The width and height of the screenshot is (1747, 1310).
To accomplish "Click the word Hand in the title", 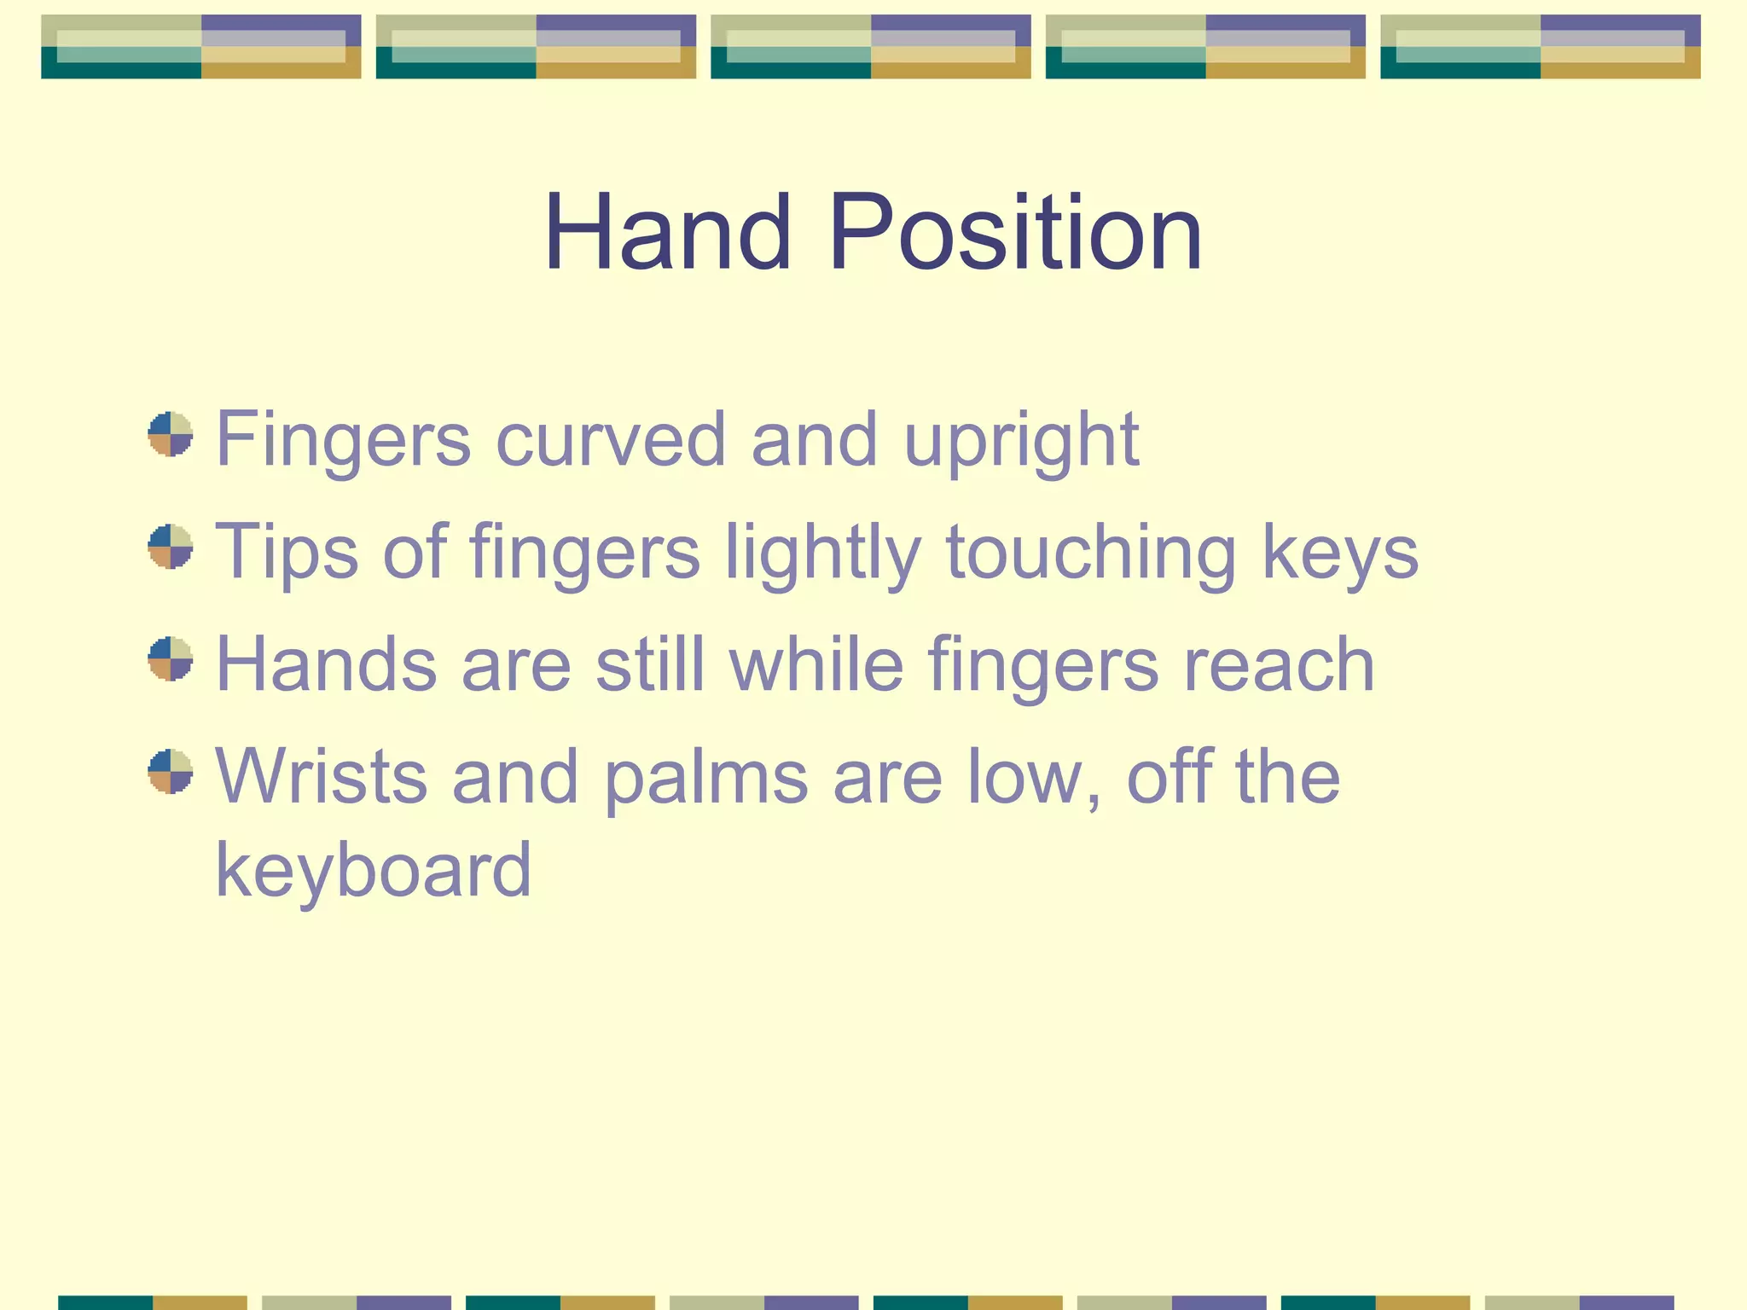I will click(x=668, y=233).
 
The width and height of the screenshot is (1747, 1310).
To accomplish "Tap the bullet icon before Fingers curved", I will click(x=171, y=434).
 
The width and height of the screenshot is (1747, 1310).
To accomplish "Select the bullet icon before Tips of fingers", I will click(x=171, y=547).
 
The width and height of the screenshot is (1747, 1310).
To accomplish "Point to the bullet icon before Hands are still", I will click(x=171, y=659).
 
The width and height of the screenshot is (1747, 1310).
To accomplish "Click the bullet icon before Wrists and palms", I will click(x=171, y=772).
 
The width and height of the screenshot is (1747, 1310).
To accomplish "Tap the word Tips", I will click(x=287, y=553).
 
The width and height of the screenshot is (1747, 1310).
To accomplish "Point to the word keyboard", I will click(x=374, y=872).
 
